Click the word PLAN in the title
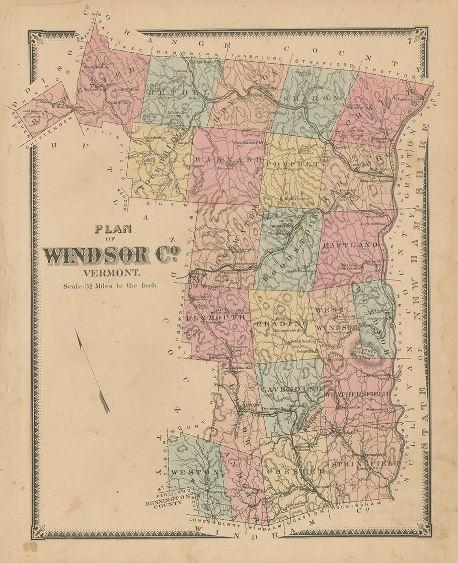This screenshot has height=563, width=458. pyautogui.click(x=113, y=229)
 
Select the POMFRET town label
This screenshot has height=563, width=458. pyautogui.click(x=292, y=164)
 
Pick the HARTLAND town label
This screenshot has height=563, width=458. pyautogui.click(x=350, y=245)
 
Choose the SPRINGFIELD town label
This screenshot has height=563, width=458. pyautogui.click(x=365, y=464)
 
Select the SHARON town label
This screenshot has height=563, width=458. pyautogui.click(x=311, y=98)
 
